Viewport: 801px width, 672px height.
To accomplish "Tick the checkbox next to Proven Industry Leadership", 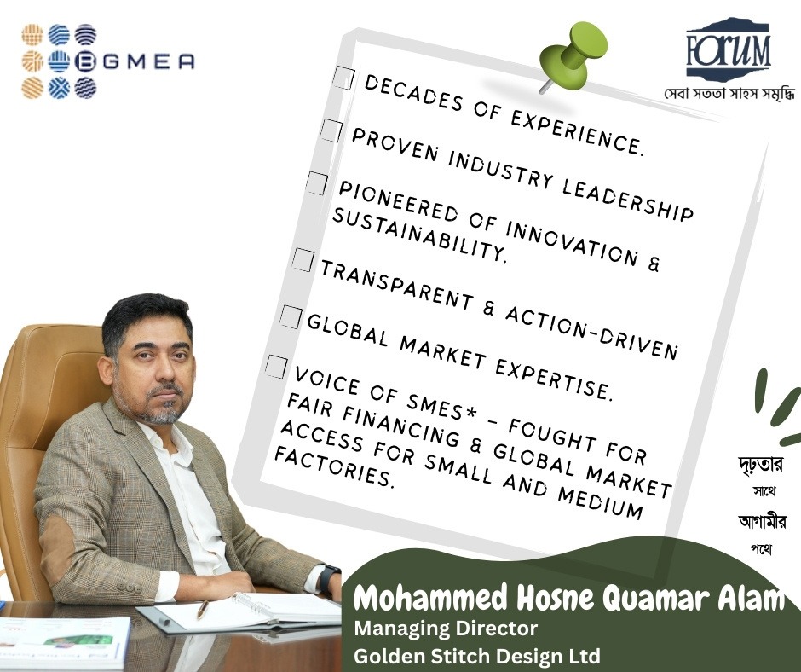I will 331,130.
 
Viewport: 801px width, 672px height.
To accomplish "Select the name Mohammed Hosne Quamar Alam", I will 568,599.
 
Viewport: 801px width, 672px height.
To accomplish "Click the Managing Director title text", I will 447,630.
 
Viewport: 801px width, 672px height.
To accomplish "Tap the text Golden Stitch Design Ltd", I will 477,656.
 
